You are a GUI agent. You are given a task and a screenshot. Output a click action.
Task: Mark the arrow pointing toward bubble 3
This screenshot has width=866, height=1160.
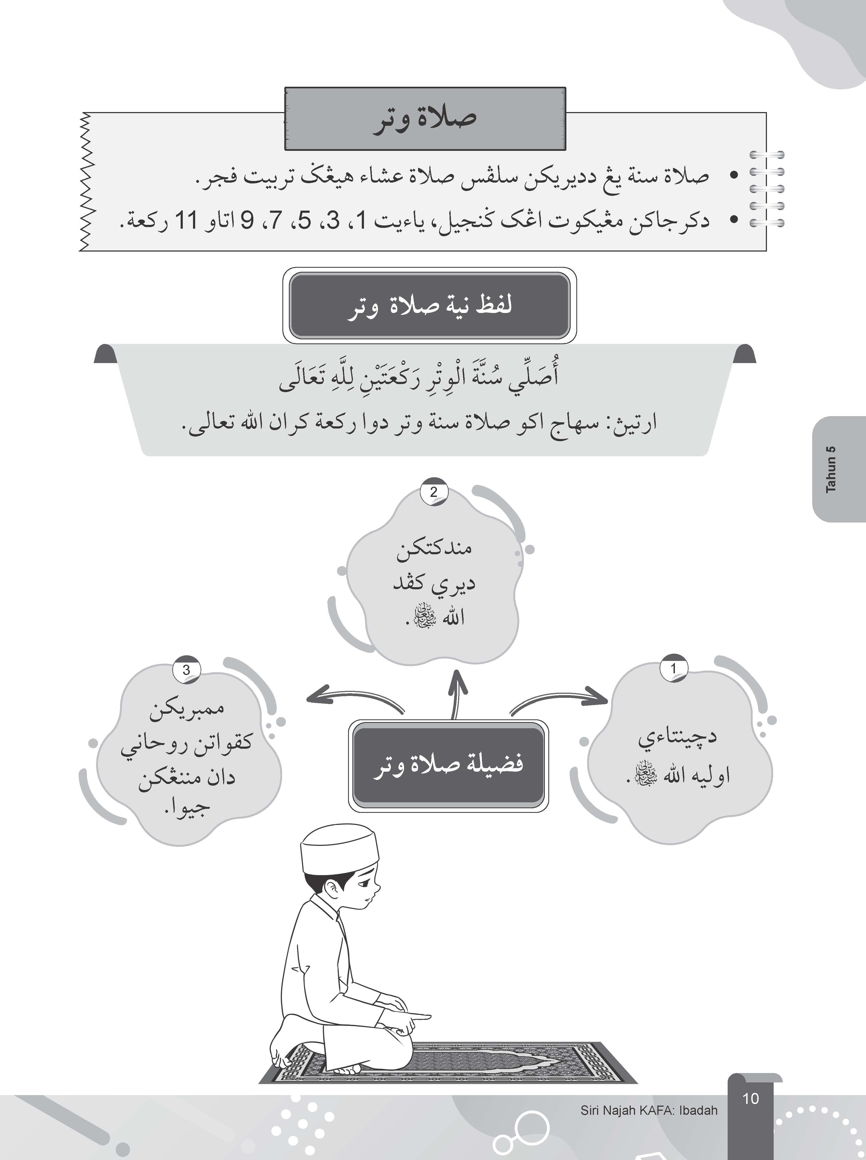[x=351, y=700]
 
